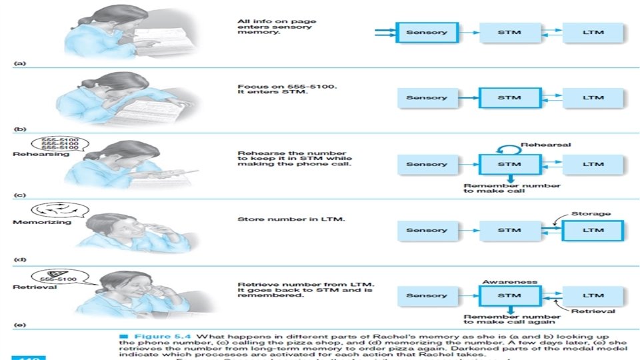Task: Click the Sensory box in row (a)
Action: tap(427, 31)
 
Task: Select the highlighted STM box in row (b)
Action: tap(509, 98)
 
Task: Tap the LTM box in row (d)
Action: tap(593, 231)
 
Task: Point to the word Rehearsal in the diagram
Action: tap(546, 144)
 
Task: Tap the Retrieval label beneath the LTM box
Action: tap(593, 311)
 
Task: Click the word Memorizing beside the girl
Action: tap(41, 222)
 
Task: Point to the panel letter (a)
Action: tap(19, 63)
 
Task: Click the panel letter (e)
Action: tap(19, 325)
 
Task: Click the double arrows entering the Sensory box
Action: tap(385, 31)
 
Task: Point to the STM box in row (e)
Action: tap(509, 295)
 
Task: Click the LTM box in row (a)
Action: tap(593, 31)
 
